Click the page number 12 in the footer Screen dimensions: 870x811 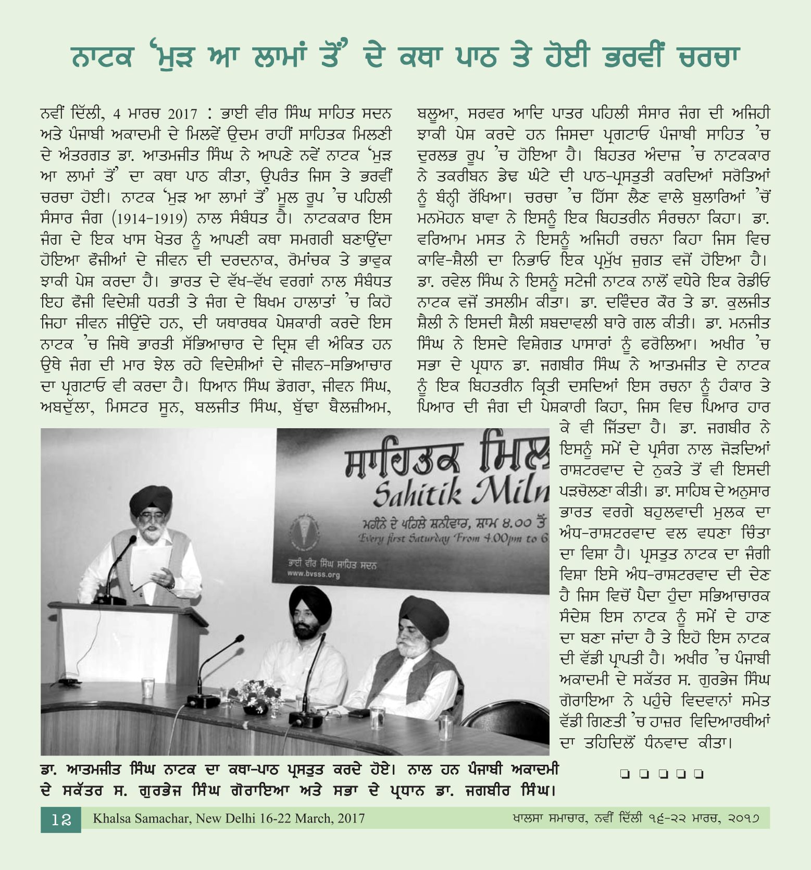coord(61,819)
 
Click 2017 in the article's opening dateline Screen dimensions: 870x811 coord(183,114)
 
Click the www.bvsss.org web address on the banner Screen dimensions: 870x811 coord(313,575)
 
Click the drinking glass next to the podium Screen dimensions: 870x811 coord(148,688)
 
